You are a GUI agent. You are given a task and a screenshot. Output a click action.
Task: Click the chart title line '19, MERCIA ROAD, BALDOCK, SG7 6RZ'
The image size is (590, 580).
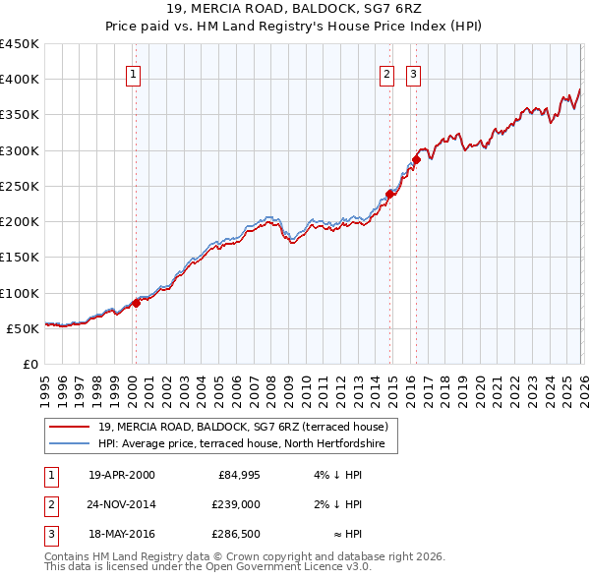[295, 9]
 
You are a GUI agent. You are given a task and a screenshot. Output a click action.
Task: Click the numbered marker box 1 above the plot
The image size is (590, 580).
[133, 73]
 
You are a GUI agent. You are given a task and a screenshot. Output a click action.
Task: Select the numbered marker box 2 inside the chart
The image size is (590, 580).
[387, 73]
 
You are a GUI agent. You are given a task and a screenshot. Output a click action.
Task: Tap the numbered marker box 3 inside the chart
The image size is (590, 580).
[413, 73]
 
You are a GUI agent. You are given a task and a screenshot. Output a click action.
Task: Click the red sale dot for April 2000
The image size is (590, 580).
[137, 303]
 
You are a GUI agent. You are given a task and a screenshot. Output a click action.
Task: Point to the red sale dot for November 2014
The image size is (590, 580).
[390, 194]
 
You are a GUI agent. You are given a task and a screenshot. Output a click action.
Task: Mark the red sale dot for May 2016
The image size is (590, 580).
[416, 159]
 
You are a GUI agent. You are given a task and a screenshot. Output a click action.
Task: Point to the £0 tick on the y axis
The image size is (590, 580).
[30, 364]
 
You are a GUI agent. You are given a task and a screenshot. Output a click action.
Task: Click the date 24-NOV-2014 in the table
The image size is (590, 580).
[122, 504]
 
